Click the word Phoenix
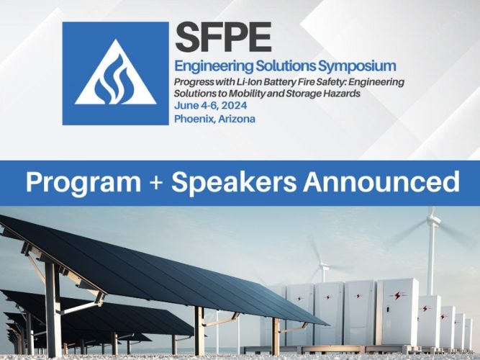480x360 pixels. pyautogui.click(x=195, y=119)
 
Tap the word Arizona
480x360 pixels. pyautogui.click(x=238, y=119)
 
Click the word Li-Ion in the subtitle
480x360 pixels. pyautogui.click(x=248, y=82)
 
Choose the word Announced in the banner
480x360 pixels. pyautogui.click(x=381, y=182)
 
